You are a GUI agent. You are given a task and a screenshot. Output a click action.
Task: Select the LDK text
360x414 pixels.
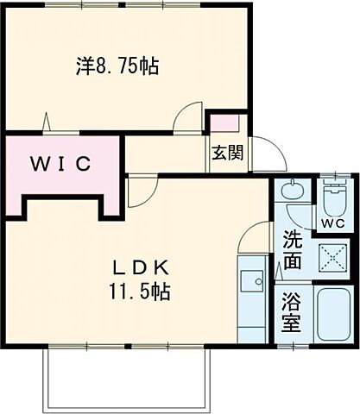(137, 266)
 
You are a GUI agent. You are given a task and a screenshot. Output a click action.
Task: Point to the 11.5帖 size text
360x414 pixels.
(137, 291)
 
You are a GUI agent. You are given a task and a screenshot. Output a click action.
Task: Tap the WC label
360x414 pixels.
(332, 224)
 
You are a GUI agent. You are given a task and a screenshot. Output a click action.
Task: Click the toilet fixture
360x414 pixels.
(332, 198)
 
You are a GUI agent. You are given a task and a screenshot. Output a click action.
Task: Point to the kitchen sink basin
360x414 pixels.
(251, 281)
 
